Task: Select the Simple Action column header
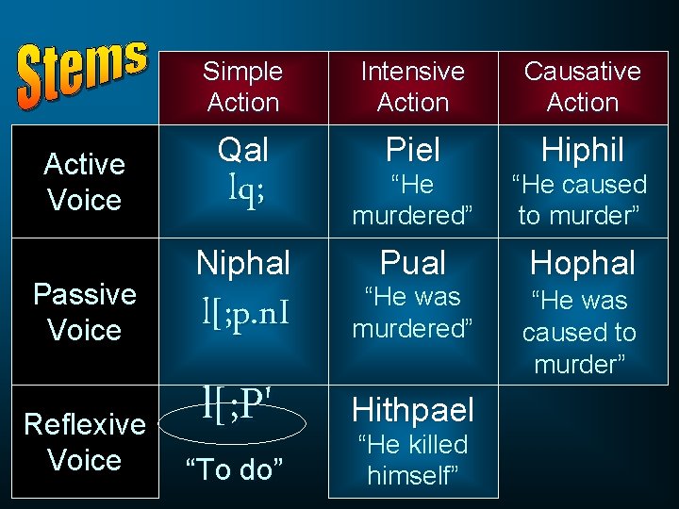coord(243,87)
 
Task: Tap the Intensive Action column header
coord(413,87)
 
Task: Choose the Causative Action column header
coord(582,87)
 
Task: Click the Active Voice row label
coord(84,182)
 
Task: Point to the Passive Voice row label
coord(84,312)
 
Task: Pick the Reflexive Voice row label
coord(84,442)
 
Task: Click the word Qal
coord(243,149)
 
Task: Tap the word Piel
coord(413,149)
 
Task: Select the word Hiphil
coord(582,149)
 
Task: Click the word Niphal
coord(243,262)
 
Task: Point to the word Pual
coord(413,262)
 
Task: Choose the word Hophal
coord(582,263)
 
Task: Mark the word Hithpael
coord(413,409)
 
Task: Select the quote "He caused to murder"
coord(579,200)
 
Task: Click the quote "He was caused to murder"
coord(579,333)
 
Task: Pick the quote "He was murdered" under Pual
coord(412,313)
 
